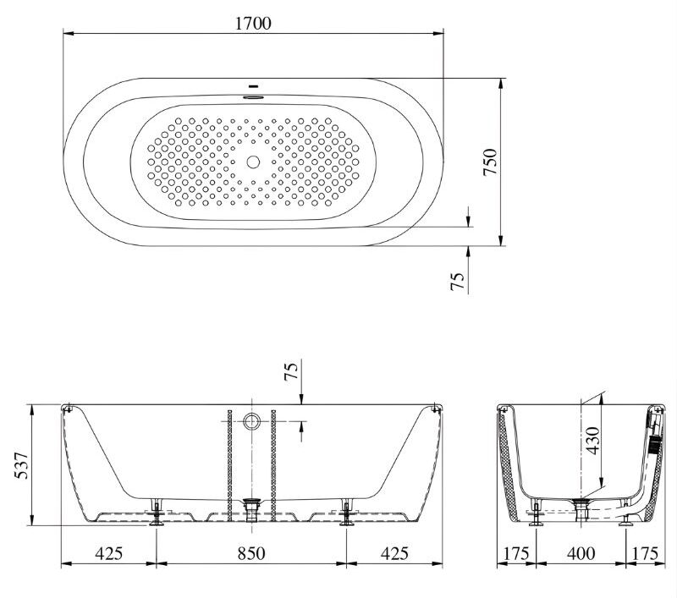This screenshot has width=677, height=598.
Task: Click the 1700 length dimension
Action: tap(253, 23)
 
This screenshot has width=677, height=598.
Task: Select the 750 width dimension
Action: tap(490, 162)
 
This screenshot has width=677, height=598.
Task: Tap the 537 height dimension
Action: tap(21, 465)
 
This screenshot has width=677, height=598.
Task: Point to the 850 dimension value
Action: tap(251, 553)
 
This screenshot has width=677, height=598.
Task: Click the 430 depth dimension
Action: tap(593, 441)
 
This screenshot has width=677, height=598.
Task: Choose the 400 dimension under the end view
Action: tap(581, 553)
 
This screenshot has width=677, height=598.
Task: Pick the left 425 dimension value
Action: tap(109, 553)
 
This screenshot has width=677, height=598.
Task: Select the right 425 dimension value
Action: tap(394, 553)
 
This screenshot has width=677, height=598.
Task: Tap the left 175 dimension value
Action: tap(516, 553)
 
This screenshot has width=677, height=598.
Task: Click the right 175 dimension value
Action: tap(646, 553)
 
